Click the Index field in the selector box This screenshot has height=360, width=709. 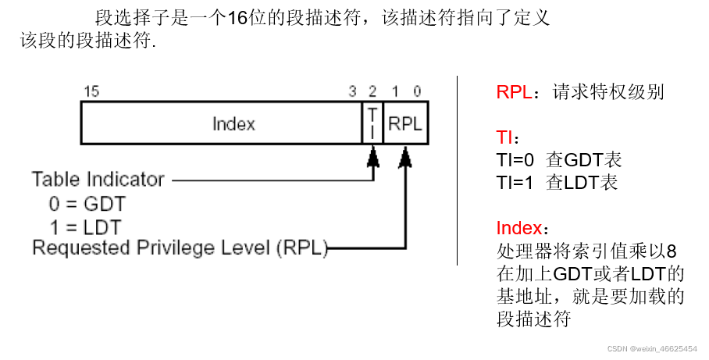(233, 124)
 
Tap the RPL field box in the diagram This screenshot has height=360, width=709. (405, 124)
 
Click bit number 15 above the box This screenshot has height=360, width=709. (91, 92)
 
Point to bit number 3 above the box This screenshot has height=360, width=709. (352, 92)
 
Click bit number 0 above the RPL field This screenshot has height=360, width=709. (417, 92)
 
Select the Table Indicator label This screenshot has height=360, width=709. (98, 180)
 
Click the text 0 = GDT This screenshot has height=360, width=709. (87, 205)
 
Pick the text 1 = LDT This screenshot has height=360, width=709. (86, 227)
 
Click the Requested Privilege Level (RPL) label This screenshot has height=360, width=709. (180, 248)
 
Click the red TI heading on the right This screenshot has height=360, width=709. (504, 138)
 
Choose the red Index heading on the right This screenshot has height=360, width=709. (518, 229)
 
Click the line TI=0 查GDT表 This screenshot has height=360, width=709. (553, 161)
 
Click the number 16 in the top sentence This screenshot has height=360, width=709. (237, 18)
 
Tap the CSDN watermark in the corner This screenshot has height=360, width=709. (653, 349)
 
